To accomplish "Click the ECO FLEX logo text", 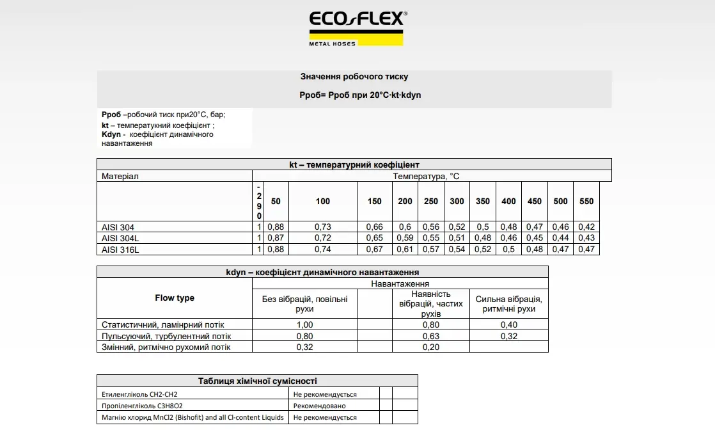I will pyautogui.click(x=357, y=20).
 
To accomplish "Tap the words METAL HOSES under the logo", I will pyautogui.click(x=332, y=44).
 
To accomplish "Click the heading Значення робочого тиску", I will pyautogui.click(x=354, y=77).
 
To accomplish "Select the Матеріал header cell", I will pyautogui.click(x=120, y=176).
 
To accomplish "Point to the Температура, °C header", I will pyautogui.click(x=426, y=176).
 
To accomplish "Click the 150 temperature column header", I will pyautogui.click(x=374, y=201).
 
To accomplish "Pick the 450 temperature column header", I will pyautogui.click(x=534, y=201).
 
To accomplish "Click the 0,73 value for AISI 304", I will pyautogui.click(x=322, y=227).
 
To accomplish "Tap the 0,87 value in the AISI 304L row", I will pyautogui.click(x=275, y=238).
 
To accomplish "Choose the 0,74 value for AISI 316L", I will pyautogui.click(x=322, y=250).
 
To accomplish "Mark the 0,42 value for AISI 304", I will pyautogui.click(x=586, y=227).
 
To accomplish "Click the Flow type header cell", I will pyautogui.click(x=174, y=298).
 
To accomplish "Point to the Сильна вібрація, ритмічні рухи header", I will pyautogui.click(x=508, y=304).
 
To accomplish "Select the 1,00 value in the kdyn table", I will pyautogui.click(x=304, y=325).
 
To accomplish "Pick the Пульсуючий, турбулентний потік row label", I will pyautogui.click(x=166, y=336).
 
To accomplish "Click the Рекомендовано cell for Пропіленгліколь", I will pyautogui.click(x=320, y=406).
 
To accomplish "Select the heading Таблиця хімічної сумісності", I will pyautogui.click(x=257, y=381).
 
